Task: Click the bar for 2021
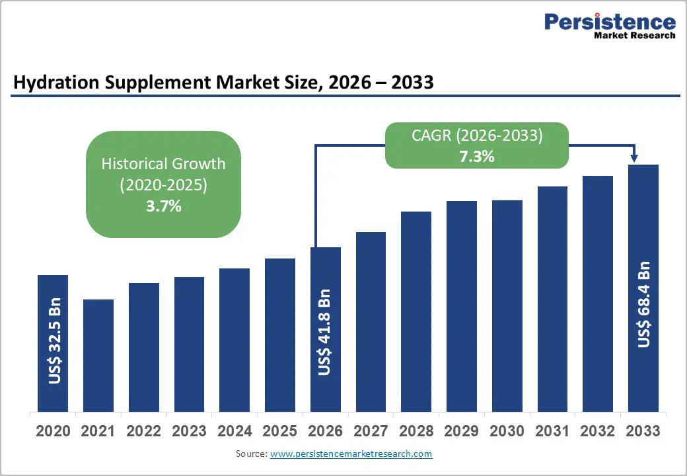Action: (x=98, y=356)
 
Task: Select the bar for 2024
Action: (x=235, y=340)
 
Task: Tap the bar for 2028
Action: (x=416, y=311)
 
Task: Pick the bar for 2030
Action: (x=507, y=306)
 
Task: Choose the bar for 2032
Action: (x=598, y=294)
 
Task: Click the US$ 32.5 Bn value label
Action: (x=55, y=341)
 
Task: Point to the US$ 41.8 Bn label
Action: (x=324, y=333)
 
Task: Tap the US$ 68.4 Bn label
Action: (x=643, y=305)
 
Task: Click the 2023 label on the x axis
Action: (x=189, y=431)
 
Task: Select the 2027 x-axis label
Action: (x=371, y=431)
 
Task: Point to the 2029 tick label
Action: (x=461, y=431)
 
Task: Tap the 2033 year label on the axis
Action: (x=643, y=431)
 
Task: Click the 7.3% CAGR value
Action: (x=477, y=157)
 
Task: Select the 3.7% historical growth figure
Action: (x=163, y=206)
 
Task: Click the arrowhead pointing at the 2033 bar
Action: (x=634, y=158)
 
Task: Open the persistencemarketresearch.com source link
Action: (x=351, y=454)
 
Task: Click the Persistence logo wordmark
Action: (x=610, y=21)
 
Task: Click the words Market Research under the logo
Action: (x=634, y=36)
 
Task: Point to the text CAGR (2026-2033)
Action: (x=477, y=136)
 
